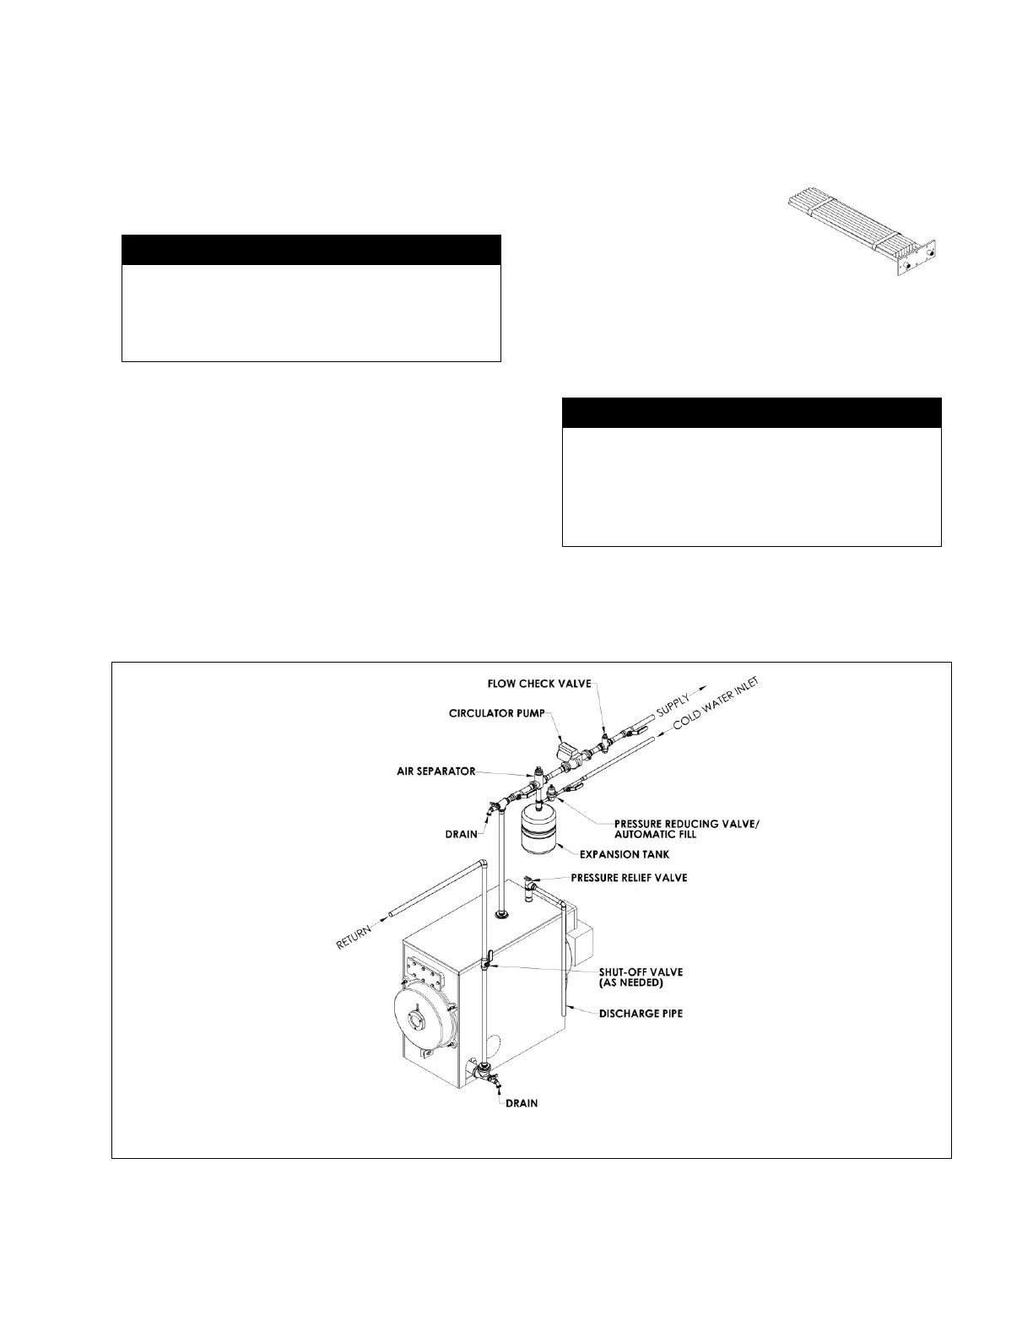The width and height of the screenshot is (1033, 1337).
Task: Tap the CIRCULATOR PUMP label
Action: tap(497, 713)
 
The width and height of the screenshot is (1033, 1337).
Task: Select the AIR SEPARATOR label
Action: tap(436, 771)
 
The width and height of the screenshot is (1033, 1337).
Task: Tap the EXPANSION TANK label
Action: tap(624, 854)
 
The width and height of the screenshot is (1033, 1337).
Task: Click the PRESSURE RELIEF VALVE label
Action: tap(629, 878)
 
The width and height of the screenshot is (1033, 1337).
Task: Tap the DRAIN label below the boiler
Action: tap(522, 1103)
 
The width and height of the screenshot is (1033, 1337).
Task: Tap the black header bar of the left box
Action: tap(311, 251)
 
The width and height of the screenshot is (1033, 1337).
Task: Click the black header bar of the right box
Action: tap(751, 413)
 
